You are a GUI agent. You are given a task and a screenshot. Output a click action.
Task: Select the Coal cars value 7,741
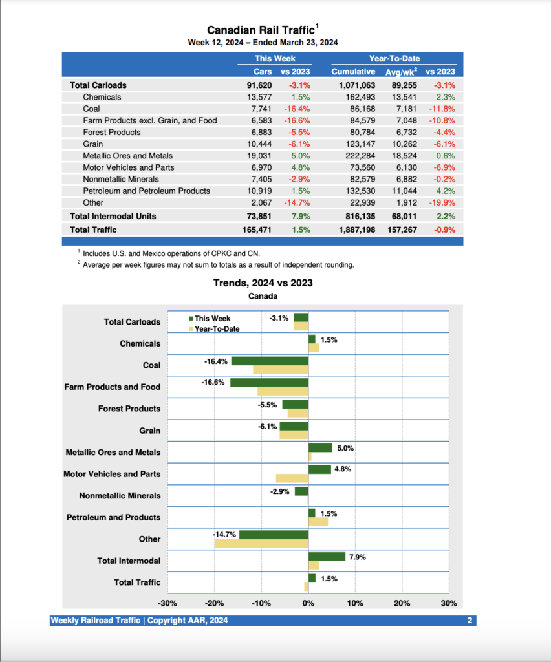259,109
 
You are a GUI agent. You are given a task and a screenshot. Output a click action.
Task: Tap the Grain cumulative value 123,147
358,144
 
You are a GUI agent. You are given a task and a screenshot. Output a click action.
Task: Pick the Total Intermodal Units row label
113,216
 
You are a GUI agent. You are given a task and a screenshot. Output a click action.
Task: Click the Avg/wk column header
404,72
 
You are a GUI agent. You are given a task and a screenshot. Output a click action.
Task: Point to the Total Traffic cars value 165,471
256,230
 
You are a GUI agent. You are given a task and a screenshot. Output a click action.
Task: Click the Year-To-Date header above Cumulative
394,59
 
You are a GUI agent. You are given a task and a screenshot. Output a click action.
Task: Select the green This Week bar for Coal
270,361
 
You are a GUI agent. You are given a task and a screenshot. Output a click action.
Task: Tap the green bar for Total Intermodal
327,556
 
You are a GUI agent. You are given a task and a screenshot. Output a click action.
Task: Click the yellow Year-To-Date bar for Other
261,544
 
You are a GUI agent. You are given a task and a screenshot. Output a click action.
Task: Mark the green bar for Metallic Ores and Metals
319,447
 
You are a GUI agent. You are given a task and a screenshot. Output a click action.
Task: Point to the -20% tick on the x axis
215,603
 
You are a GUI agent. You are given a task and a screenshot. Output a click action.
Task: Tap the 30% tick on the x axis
449,603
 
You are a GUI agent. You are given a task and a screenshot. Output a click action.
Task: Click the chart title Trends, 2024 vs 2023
263,283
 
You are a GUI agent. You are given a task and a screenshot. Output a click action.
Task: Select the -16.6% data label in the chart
213,382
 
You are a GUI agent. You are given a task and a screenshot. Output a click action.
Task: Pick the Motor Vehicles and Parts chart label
112,474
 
